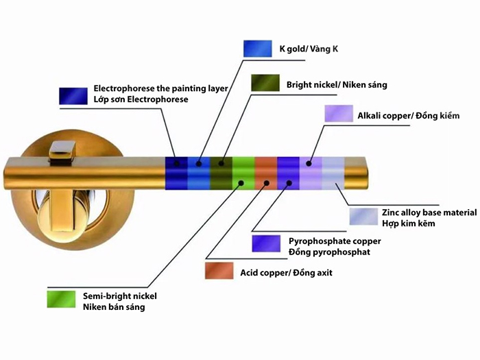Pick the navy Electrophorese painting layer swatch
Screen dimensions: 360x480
[x=73, y=95]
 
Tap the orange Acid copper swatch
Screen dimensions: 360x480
[x=219, y=272]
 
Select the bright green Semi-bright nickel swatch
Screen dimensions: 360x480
[x=60, y=300]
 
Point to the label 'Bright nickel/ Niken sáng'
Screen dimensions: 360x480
[x=337, y=85]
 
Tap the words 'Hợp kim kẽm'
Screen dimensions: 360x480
[x=409, y=224]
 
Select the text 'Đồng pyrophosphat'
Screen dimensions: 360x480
[x=329, y=252]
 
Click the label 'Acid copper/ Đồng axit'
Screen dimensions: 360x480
[x=285, y=273]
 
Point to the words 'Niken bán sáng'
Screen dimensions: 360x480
[x=114, y=307]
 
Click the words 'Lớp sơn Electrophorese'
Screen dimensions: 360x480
[x=141, y=99]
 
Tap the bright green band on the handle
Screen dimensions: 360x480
[x=243, y=174]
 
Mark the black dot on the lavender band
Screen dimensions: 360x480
[x=309, y=163]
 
